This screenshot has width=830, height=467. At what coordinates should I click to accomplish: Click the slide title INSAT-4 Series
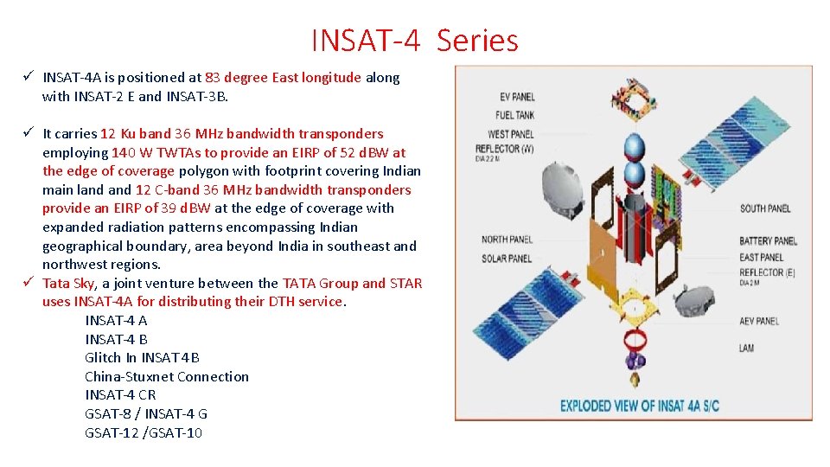click(x=414, y=41)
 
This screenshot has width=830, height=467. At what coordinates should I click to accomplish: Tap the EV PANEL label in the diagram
click(x=516, y=97)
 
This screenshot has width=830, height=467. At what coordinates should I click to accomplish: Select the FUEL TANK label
click(x=514, y=115)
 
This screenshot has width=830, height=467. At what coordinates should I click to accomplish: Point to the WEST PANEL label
click(x=510, y=134)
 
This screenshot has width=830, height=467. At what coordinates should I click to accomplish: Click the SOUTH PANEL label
click(x=764, y=208)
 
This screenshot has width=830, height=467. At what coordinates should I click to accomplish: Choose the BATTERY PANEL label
click(x=768, y=240)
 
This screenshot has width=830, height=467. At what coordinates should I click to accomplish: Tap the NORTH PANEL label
click(x=507, y=240)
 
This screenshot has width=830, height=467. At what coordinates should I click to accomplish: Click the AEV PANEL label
click(x=758, y=321)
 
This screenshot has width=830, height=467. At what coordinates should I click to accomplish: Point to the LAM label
click(x=746, y=348)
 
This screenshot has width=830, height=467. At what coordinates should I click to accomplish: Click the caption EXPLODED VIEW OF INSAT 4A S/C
click(x=639, y=405)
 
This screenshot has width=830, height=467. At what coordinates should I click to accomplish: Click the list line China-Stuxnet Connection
click(x=166, y=376)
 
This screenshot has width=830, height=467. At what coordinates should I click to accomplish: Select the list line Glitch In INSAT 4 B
click(x=142, y=357)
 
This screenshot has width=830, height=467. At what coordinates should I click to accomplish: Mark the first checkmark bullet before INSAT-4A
click(x=29, y=77)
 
